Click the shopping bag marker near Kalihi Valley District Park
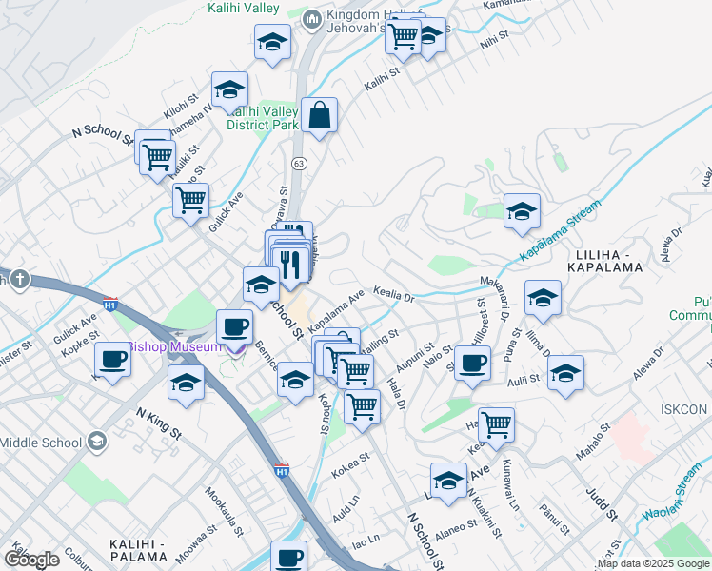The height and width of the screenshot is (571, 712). (321, 116)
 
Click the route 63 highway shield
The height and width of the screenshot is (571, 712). (299, 164)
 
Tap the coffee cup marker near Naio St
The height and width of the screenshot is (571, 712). (472, 363)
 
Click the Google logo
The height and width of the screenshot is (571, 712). (32, 560)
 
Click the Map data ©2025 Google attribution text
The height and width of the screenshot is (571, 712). (651, 563)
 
